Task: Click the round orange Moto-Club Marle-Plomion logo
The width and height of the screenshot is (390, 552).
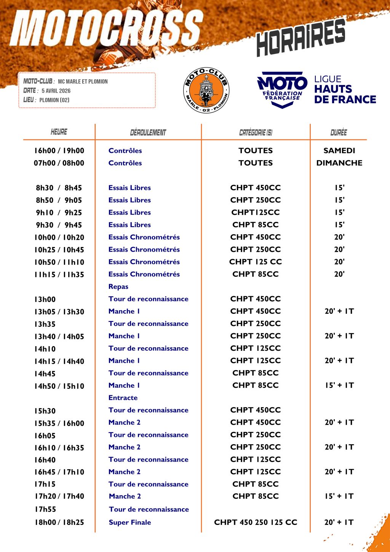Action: point(206,91)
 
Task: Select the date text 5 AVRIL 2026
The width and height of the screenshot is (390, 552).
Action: point(56,91)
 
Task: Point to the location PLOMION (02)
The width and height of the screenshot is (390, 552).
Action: point(54,100)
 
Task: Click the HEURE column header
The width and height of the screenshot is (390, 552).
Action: point(59,132)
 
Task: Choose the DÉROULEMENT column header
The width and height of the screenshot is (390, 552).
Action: point(148,133)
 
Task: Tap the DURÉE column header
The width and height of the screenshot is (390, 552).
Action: point(339,132)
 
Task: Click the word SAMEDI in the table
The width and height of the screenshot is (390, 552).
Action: point(339,151)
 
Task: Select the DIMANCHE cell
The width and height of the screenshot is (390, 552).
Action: point(339,163)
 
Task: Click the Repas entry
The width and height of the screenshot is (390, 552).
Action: point(118,287)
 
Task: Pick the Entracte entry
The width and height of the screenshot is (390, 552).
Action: point(123,398)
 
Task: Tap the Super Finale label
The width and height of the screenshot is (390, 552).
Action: point(130,522)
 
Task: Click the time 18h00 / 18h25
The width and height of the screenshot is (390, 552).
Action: point(59,522)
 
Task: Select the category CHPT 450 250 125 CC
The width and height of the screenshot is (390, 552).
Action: point(256,522)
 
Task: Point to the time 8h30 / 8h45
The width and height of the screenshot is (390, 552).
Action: point(59,188)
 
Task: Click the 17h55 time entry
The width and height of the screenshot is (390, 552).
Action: point(45,509)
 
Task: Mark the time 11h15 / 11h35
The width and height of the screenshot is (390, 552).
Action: point(59,274)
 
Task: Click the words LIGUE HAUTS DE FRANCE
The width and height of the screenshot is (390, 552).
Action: point(345,90)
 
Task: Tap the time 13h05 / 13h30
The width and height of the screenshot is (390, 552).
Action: point(59,311)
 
